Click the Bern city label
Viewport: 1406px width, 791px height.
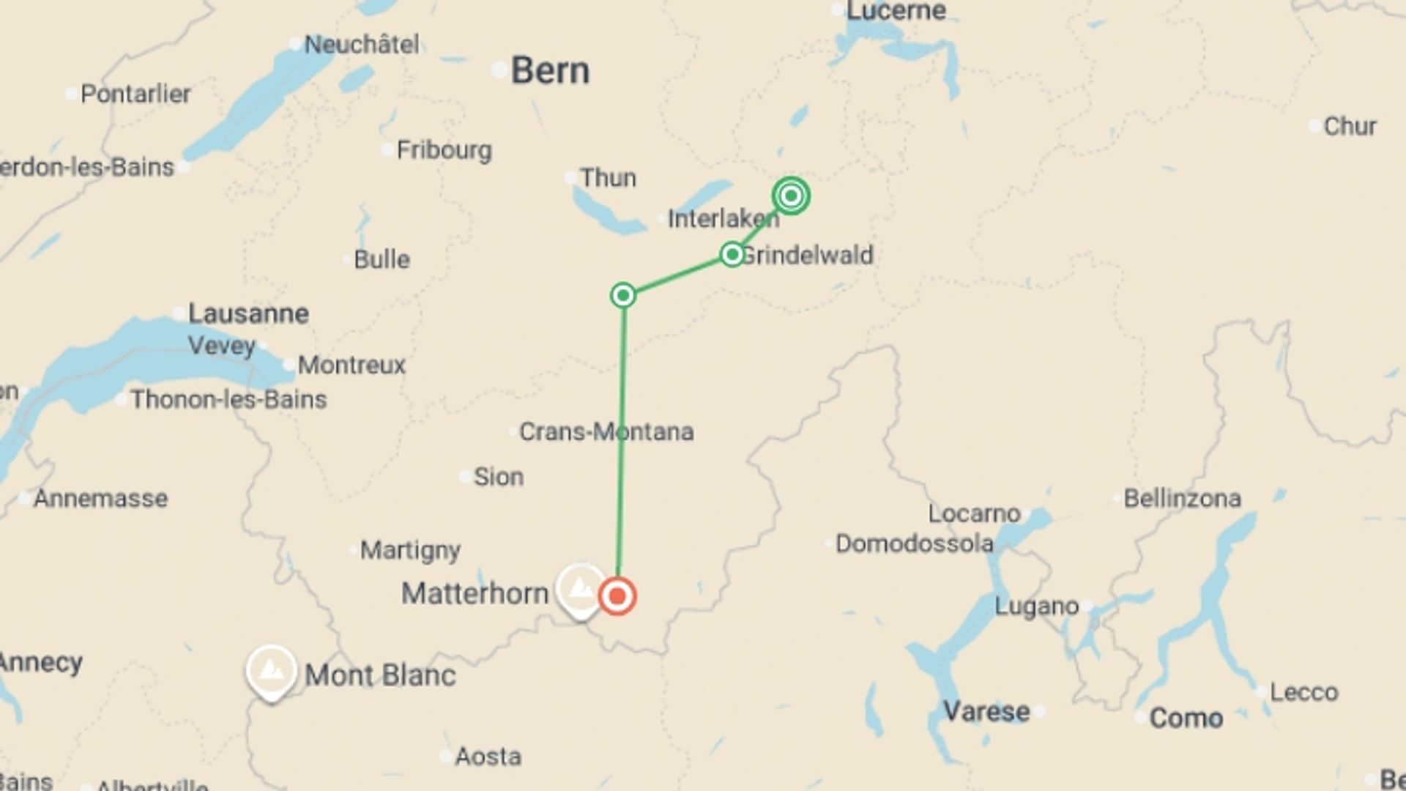click(549, 71)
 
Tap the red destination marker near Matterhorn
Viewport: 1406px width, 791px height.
click(617, 595)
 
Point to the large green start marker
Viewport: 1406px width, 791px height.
click(791, 196)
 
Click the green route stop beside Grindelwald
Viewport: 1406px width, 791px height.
click(732, 254)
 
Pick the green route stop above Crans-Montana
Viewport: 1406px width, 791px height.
click(623, 295)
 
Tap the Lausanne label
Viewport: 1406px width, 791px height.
click(248, 313)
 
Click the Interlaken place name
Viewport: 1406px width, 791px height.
click(723, 218)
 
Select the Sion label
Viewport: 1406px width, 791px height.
click(498, 477)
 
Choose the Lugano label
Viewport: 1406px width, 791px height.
click(1036, 606)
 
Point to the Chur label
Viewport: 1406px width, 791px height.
click(1350, 126)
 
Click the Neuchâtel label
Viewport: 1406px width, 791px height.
click(362, 45)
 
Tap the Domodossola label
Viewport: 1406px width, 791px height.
click(914, 543)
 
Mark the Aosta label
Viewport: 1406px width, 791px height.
click(488, 756)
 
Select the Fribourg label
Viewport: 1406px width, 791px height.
click(444, 150)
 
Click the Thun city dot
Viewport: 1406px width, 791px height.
click(570, 178)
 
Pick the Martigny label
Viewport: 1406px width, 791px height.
click(410, 549)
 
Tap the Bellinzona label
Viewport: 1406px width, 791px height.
click(1182, 499)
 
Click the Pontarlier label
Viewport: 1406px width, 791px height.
click(135, 94)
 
